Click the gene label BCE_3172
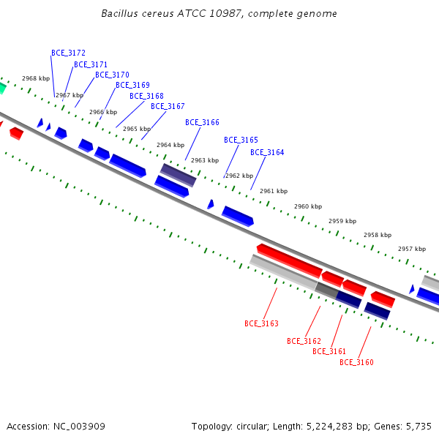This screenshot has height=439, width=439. pos(68,53)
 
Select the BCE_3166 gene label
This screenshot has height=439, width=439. pos(202,122)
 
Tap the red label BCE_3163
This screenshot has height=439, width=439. pos(261,323)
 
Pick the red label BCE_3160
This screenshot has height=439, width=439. pos(356,362)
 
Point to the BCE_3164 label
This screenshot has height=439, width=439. pos(267,152)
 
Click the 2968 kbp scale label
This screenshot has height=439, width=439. pos(36,78)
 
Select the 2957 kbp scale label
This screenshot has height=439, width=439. pos(412,249)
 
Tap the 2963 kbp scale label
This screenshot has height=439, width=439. pos(205,160)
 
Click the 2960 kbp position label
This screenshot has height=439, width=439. pos(308,206)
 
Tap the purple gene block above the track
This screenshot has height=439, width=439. pos(178,175)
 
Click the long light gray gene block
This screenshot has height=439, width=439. pos(283,272)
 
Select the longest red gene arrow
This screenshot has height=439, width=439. pos(290,260)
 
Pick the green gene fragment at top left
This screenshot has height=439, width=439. pos(2,88)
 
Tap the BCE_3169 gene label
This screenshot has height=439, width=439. pos(132,85)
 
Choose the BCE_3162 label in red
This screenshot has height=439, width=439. pos(304,341)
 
